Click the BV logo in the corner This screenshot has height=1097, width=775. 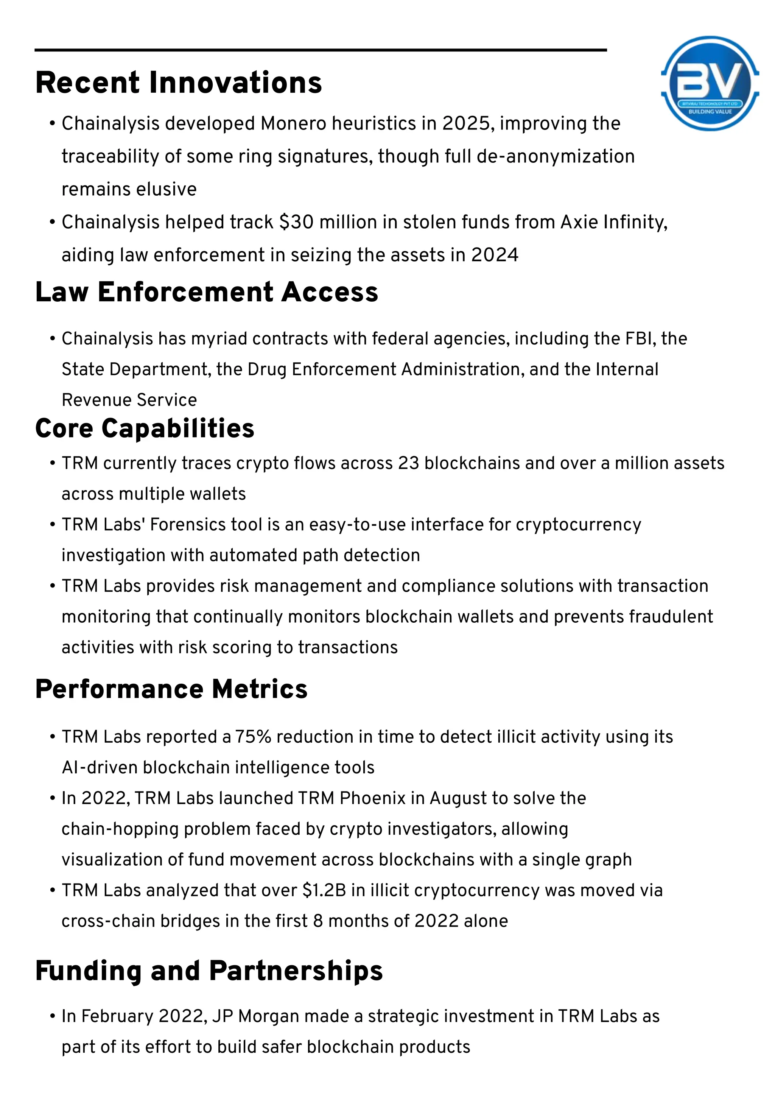[x=710, y=84]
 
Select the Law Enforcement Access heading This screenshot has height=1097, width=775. [x=206, y=292]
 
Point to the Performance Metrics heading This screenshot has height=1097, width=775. [x=171, y=689]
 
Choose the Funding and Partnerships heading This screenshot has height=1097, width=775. [x=209, y=971]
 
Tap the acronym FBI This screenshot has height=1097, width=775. [x=640, y=339]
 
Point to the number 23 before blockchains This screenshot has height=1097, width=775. [x=408, y=463]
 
